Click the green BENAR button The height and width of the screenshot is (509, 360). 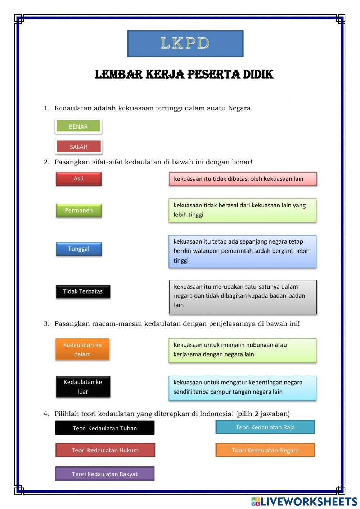pyautogui.click(x=78, y=126)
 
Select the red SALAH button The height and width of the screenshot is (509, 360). pyautogui.click(x=79, y=147)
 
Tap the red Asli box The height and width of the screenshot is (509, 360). pyautogui.click(x=78, y=179)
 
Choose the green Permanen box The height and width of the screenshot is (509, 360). pyautogui.click(x=79, y=210)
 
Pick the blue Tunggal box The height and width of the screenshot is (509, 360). pyautogui.click(x=79, y=249)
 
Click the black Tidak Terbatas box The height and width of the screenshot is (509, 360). pyautogui.click(x=83, y=291)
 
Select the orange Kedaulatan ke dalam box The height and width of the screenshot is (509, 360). pyautogui.click(x=82, y=349)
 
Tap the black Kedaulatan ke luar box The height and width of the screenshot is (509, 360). pyautogui.click(x=83, y=387)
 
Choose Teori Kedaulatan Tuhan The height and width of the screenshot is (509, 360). pyautogui.click(x=105, y=428)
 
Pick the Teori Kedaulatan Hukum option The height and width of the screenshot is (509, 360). pyautogui.click(x=105, y=450)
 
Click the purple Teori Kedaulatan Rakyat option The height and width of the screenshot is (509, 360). pyautogui.click(x=105, y=474)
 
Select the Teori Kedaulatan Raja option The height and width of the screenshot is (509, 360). pyautogui.click(x=265, y=427)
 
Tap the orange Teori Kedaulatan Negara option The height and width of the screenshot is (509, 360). pyautogui.click(x=265, y=450)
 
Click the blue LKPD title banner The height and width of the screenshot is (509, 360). pyautogui.click(x=185, y=44)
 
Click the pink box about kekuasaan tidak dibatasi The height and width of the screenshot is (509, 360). pyautogui.click(x=243, y=179)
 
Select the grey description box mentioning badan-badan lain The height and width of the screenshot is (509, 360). pyautogui.click(x=243, y=296)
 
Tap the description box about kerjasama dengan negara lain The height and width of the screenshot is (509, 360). pyautogui.click(x=242, y=350)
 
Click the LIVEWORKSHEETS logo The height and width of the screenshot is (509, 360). pyautogui.click(x=304, y=501)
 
